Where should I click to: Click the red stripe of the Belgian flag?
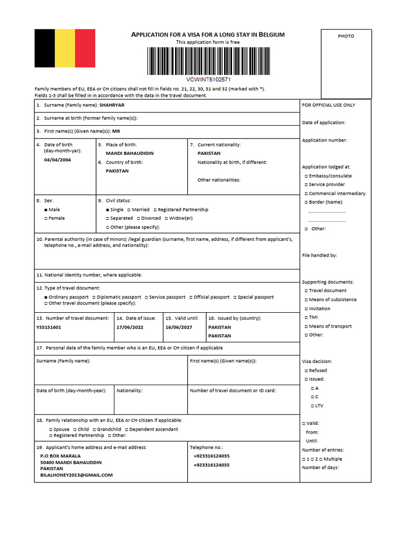[85, 48]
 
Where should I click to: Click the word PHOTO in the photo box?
[346, 36]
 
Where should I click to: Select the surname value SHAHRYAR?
[115, 105]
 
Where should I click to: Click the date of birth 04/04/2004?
[57, 160]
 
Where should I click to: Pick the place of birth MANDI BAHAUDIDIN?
[130, 153]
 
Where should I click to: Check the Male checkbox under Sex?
[46, 210]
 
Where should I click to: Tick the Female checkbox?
[46, 218]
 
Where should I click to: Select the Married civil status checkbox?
[128, 210]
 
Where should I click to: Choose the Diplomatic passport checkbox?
[93, 297]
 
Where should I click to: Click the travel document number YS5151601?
[49, 327]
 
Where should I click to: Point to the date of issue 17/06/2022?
[129, 327]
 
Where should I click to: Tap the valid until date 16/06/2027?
[178, 327]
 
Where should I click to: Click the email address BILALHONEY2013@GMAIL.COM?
[76, 475]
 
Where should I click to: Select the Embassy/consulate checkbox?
[306, 176]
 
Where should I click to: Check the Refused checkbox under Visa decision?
[306, 371]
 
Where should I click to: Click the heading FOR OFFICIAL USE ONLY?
[329, 105]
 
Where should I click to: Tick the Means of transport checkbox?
[306, 327]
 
